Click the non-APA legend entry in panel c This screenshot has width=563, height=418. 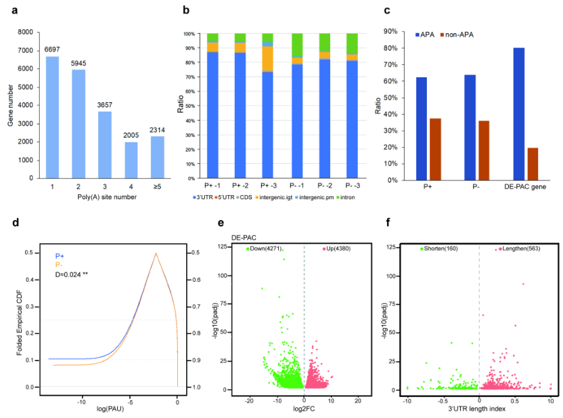(459, 33)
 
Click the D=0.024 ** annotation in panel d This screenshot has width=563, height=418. (76, 275)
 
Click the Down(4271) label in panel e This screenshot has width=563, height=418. (265, 249)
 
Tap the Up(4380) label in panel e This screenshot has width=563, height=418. (338, 249)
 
